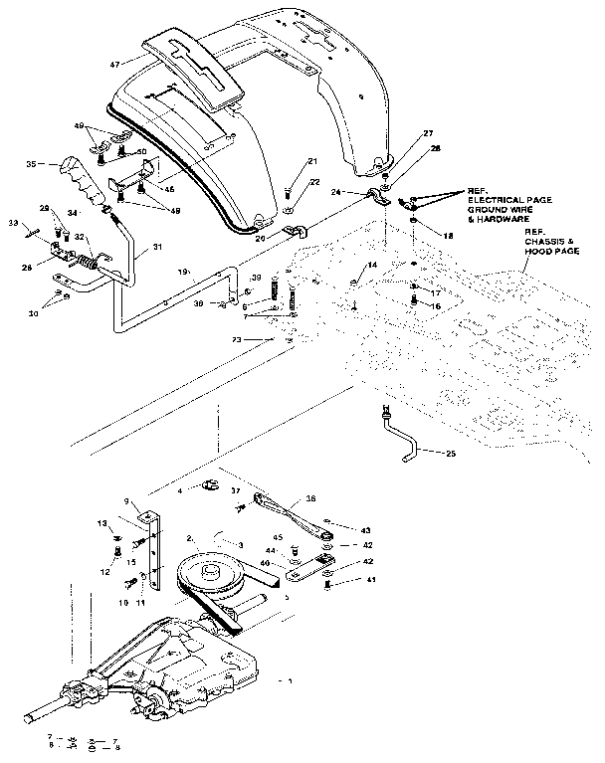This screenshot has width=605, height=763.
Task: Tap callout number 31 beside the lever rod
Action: [157, 249]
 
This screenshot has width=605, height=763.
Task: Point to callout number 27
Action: [400, 133]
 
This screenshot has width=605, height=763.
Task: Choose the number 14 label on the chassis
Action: [372, 266]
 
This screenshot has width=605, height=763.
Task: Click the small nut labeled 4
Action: [210, 486]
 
